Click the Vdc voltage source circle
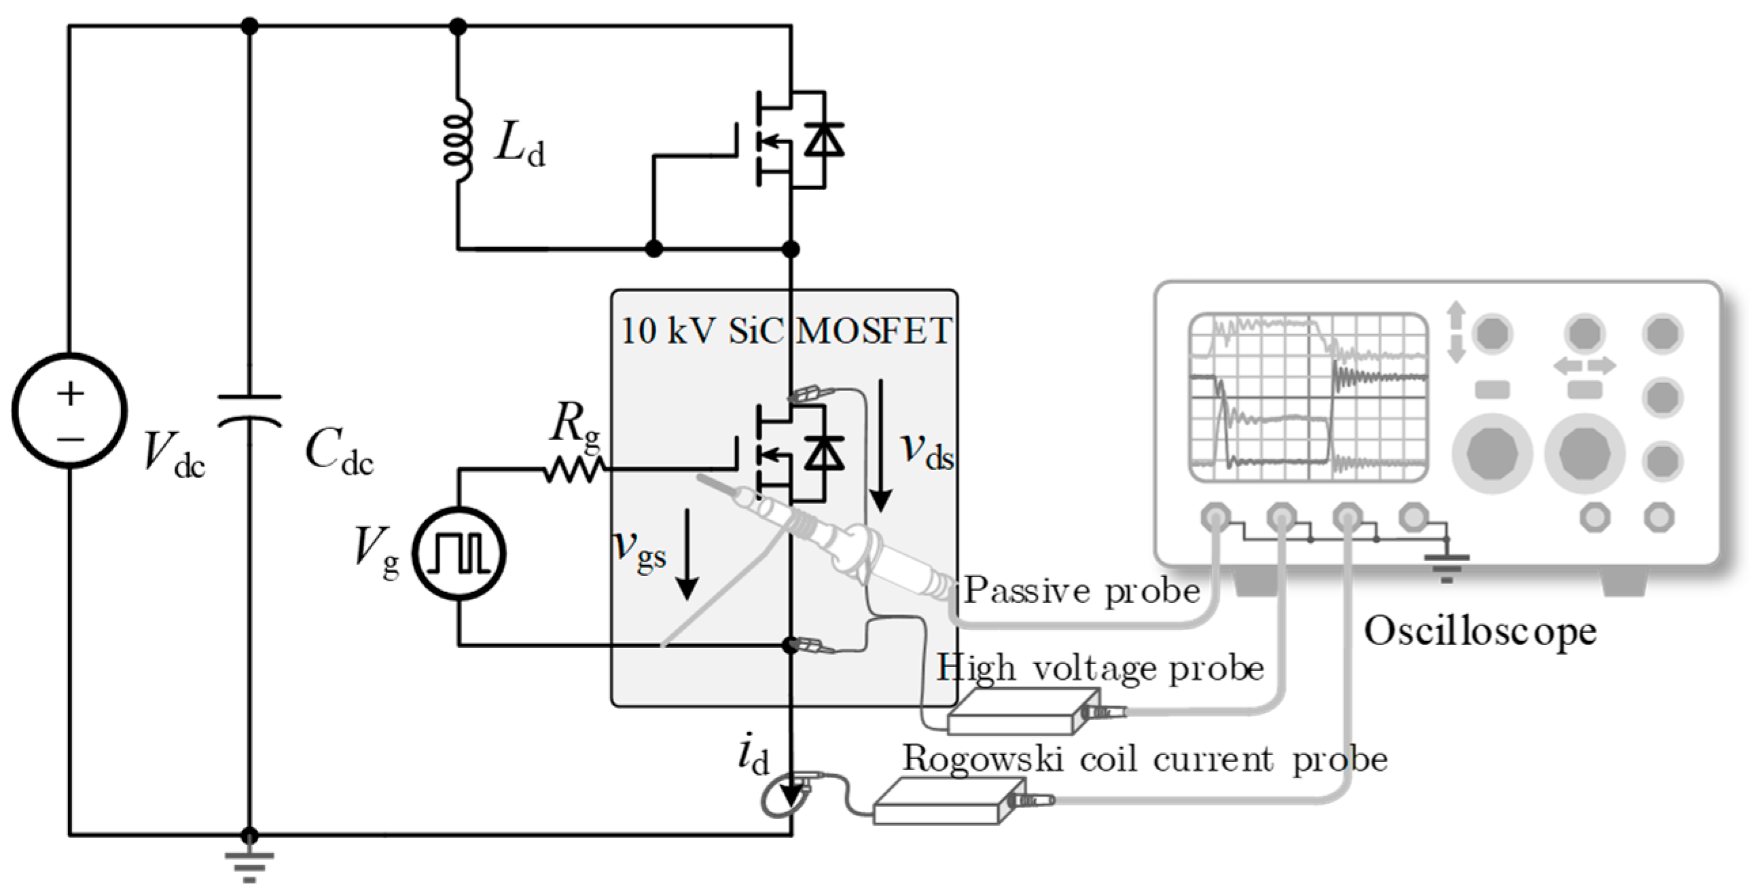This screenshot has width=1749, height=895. pos(69,411)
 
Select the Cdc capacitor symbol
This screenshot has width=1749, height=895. pos(249,411)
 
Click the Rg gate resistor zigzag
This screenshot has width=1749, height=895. pos(574,469)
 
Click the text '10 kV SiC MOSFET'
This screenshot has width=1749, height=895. pos(786,331)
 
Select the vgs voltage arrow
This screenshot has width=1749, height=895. pos(688,554)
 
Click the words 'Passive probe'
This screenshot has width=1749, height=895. pos(1082,590)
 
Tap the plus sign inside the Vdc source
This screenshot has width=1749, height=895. pos(70,393)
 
